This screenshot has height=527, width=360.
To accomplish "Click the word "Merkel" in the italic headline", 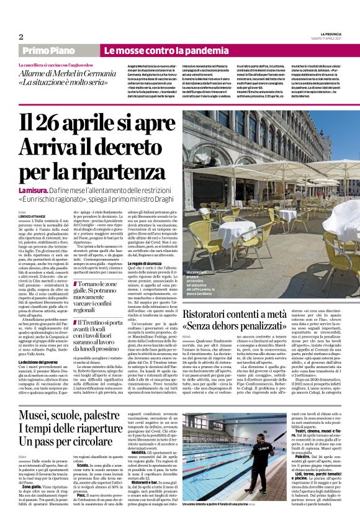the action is pyautogui.click(x=64, y=74).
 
